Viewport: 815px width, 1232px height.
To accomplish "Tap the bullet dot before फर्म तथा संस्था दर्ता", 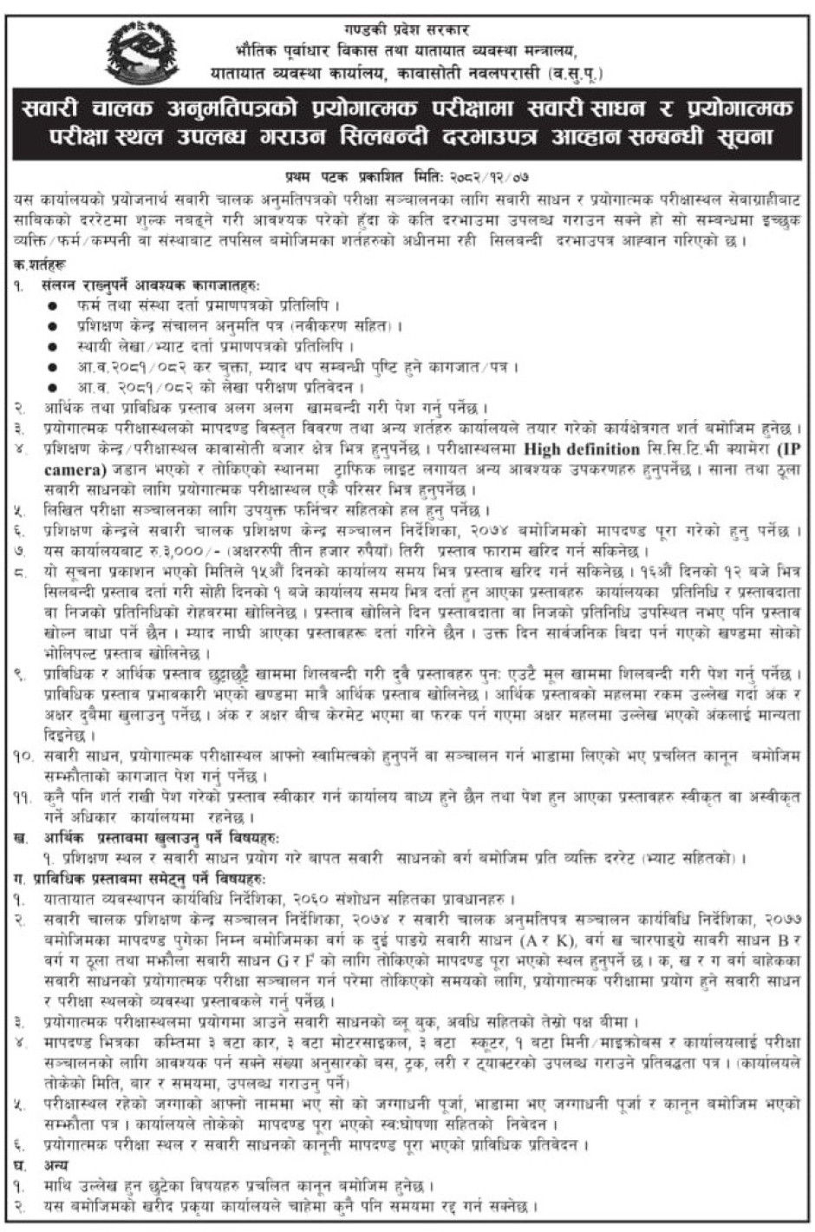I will pyautogui.click(x=55, y=305).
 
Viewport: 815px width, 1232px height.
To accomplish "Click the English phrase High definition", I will pyautogui.click(x=580, y=449).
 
